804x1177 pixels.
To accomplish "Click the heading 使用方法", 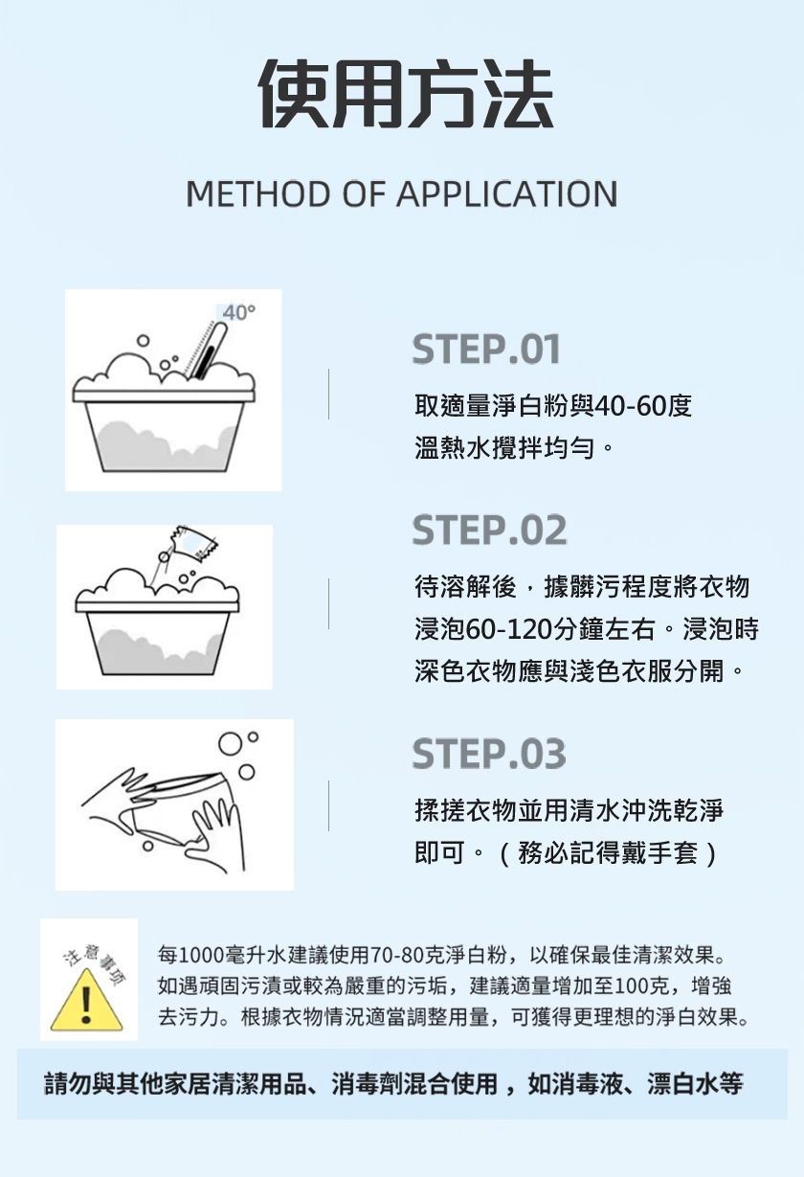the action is pos(407,95).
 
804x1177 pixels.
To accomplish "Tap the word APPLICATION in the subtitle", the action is pos(506,193).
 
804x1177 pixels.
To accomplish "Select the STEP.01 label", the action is pos(486,350).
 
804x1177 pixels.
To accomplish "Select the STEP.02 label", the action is pos(489,530).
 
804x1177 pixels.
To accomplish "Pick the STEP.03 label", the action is pos(489,754).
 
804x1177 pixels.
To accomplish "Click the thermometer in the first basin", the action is pos(207,351).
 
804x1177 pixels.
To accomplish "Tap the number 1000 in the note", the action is pos(202,955).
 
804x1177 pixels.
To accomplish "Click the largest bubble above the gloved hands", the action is pos(229,744).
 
